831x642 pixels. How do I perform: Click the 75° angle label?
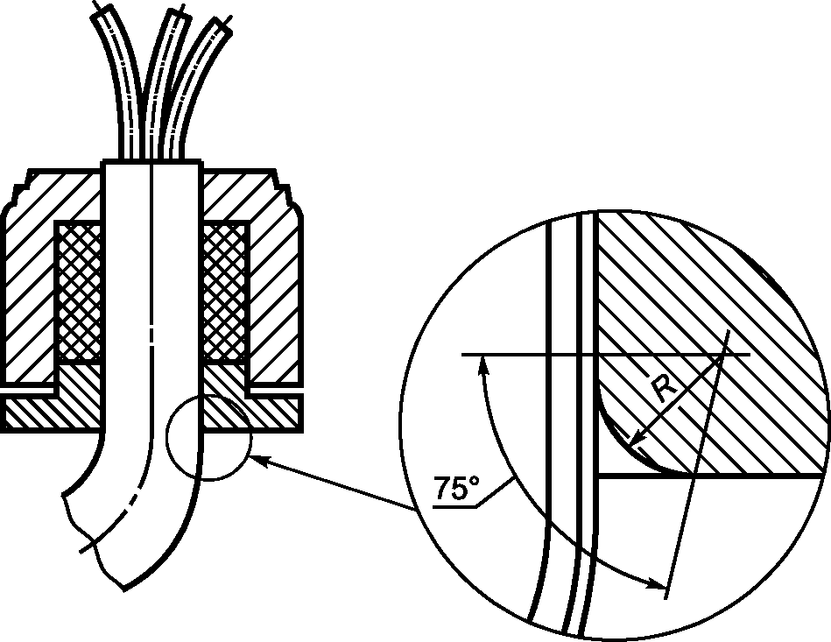(x=457, y=488)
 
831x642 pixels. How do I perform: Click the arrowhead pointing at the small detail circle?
(x=261, y=461)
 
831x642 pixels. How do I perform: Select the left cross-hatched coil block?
(x=80, y=293)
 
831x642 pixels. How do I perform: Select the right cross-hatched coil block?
(x=225, y=293)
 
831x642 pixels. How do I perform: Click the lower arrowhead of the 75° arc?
(x=655, y=583)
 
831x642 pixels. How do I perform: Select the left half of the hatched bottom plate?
(x=53, y=411)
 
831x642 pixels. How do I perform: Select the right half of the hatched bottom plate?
(x=251, y=411)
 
